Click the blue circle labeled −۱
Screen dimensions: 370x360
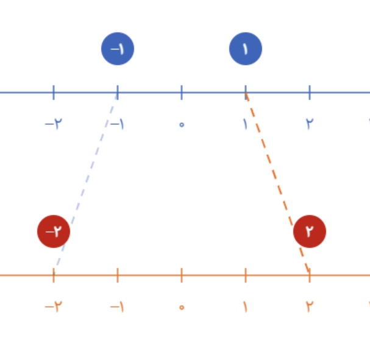tap(118, 49)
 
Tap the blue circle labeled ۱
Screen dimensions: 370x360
tap(246, 49)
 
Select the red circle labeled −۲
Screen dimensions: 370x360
tap(54, 231)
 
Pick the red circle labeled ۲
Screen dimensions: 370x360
tap(310, 231)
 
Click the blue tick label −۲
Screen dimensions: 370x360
tap(54, 124)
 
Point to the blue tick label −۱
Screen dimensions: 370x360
tap(117, 124)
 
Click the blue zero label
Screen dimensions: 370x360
tap(182, 124)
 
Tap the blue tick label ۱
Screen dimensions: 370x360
tap(246, 124)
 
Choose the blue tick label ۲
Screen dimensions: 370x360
tap(310, 124)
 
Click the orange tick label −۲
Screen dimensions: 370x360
tap(54, 306)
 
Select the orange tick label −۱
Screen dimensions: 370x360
tap(117, 306)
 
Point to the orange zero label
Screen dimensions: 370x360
tap(182, 307)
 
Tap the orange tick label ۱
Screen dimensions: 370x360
tap(246, 306)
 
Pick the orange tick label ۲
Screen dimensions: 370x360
tap(310, 306)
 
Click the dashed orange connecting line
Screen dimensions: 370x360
tap(277, 183)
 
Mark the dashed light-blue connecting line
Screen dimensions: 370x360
tap(86, 183)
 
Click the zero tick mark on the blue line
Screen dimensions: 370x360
tap(182, 93)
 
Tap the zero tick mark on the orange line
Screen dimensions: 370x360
tap(182, 275)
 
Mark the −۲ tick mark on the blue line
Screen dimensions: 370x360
tap(54, 93)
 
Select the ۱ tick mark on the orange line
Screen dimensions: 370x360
tap(246, 275)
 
